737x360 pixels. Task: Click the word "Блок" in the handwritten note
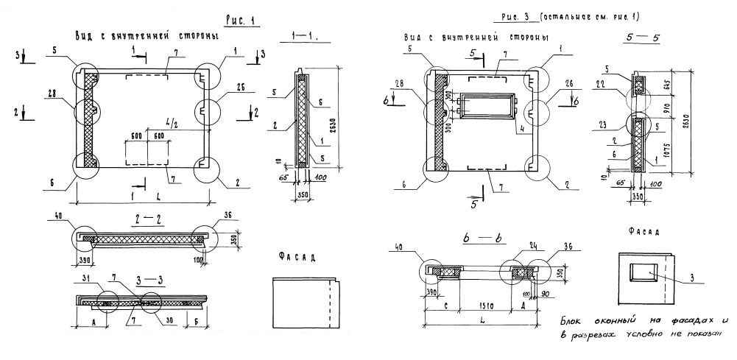[573, 320]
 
